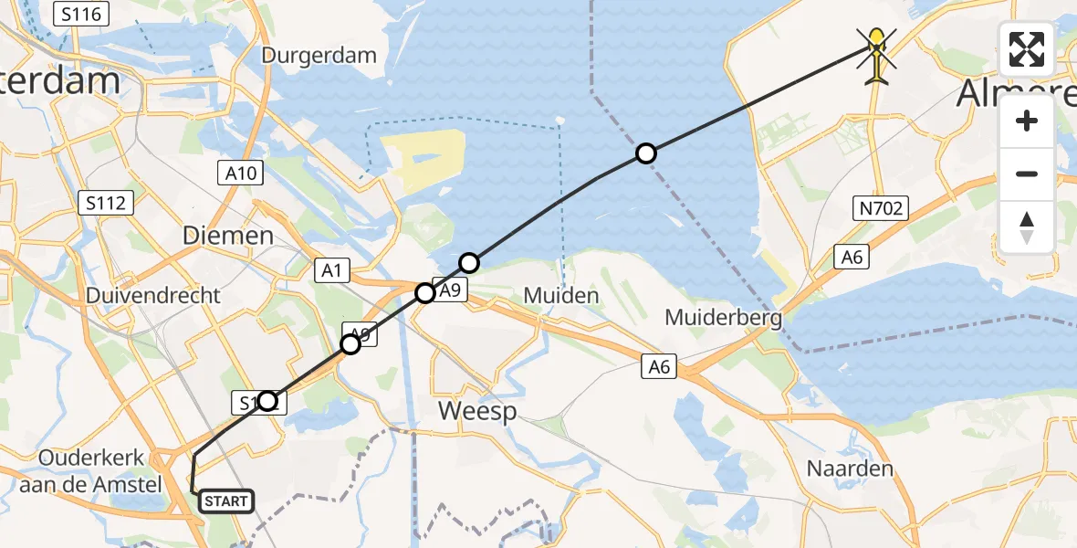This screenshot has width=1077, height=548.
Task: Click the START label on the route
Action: coord(225,501)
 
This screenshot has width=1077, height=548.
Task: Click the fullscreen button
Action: coord(1027,49)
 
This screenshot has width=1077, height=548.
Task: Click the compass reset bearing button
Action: coord(1027,227)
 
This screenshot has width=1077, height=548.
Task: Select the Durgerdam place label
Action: coord(319,55)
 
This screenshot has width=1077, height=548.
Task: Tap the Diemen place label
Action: coord(228,236)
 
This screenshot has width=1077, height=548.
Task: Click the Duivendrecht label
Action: coord(153,296)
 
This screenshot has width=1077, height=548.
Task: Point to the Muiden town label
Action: coord(561,296)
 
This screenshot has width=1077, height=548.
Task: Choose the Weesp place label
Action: coord(477,411)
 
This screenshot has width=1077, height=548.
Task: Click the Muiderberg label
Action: coord(724,318)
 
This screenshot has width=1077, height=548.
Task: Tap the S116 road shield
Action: coord(82,14)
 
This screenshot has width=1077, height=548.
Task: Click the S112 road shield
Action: coord(106,203)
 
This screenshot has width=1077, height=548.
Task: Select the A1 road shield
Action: coord(331,269)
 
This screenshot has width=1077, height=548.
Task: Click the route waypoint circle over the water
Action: coord(646,153)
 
